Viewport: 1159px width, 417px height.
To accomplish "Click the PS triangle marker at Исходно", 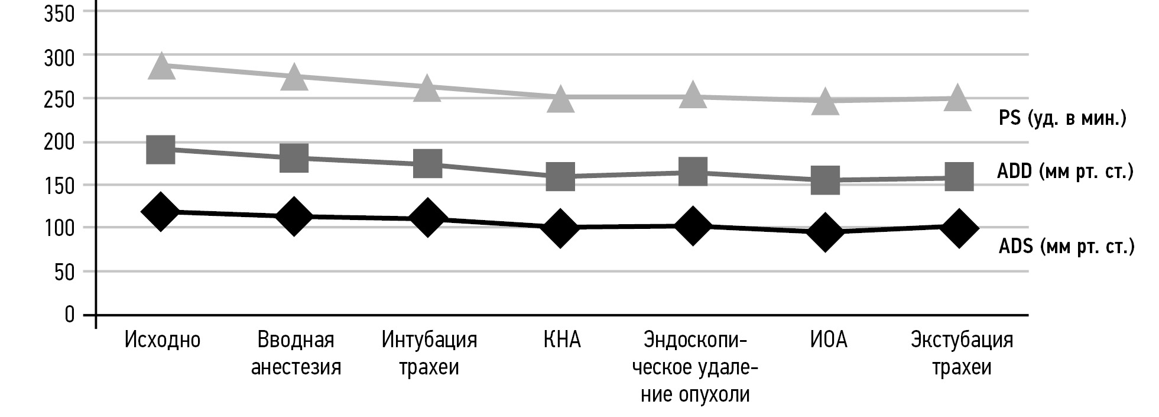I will pyautogui.click(x=161, y=66).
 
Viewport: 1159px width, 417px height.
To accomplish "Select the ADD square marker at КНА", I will pyautogui.click(x=560, y=176).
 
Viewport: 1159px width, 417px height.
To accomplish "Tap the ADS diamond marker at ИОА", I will pyautogui.click(x=826, y=232).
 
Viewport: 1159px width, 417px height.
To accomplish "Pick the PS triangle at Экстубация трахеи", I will pyautogui.click(x=958, y=98).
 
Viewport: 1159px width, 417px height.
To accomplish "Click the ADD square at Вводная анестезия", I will pyautogui.click(x=294, y=157).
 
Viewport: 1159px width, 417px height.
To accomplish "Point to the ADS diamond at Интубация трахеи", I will pyautogui.click(x=427, y=218).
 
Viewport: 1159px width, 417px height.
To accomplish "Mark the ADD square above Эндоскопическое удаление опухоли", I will pyautogui.click(x=693, y=172).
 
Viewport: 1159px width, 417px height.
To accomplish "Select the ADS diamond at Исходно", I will pyautogui.click(x=160, y=211).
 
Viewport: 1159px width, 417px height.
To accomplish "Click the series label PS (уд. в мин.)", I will pyautogui.click(x=1062, y=119).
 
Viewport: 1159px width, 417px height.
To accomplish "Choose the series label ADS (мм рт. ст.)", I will pyautogui.click(x=1066, y=246).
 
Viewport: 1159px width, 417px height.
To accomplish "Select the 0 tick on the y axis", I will pyautogui.click(x=70, y=314).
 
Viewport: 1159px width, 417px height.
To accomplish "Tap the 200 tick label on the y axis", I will pyautogui.click(x=59, y=142).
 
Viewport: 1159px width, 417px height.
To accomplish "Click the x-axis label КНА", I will pyautogui.click(x=561, y=340).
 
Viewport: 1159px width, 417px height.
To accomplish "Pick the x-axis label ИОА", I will pyautogui.click(x=829, y=340).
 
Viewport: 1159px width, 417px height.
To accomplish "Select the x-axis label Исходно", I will pyautogui.click(x=163, y=340).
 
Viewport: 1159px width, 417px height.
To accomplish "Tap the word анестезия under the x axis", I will pyautogui.click(x=296, y=367).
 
